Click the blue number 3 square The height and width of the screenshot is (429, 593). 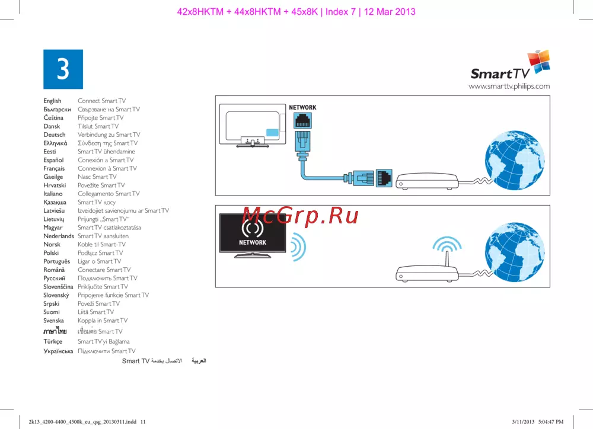[63, 69]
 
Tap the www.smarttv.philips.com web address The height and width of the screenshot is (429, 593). [509, 87]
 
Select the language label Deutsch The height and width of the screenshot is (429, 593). [55, 135]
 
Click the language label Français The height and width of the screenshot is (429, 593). [54, 168]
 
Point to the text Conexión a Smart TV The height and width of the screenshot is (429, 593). [106, 160]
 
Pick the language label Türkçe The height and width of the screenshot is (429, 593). [53, 341]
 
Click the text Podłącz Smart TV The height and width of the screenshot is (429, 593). [100, 252]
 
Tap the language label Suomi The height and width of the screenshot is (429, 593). [52, 312]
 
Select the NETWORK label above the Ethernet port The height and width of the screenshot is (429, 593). [302, 107]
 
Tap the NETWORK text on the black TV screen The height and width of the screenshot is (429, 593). [253, 242]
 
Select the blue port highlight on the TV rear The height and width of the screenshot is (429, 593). [272, 133]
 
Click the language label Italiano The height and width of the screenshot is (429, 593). [54, 194]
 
